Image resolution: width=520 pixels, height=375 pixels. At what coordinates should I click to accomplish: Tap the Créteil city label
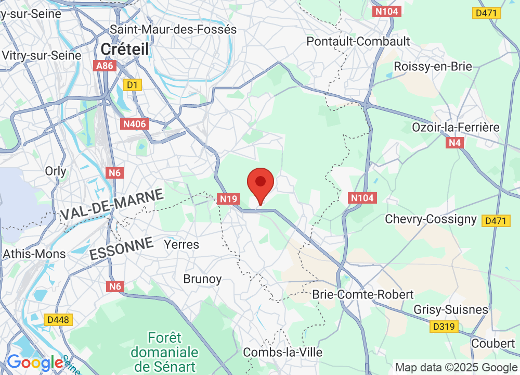click(x=125, y=49)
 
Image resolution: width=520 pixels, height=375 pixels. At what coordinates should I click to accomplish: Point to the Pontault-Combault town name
click(x=358, y=41)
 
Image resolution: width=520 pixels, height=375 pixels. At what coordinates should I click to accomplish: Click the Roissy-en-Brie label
click(x=433, y=66)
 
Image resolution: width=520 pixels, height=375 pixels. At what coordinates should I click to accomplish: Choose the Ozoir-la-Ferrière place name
click(x=456, y=127)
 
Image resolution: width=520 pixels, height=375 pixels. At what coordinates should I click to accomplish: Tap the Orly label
click(x=56, y=171)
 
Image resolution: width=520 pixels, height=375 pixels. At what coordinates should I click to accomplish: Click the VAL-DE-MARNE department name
click(x=112, y=205)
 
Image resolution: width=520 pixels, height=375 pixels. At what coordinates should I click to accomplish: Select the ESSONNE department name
click(x=122, y=248)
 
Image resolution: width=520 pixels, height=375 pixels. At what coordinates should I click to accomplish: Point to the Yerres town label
click(x=181, y=244)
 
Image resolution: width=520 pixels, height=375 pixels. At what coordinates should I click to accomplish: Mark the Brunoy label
click(x=202, y=279)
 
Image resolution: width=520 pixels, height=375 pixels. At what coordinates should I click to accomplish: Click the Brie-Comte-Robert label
click(x=363, y=294)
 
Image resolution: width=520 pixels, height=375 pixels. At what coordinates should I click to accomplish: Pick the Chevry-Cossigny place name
click(x=431, y=219)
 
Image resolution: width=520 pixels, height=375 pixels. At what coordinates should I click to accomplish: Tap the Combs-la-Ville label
click(x=283, y=352)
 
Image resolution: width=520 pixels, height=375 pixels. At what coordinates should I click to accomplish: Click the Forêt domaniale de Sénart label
click(x=164, y=352)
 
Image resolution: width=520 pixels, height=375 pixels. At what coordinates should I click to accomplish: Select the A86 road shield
click(x=105, y=66)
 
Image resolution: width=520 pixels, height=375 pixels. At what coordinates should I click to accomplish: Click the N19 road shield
click(x=228, y=198)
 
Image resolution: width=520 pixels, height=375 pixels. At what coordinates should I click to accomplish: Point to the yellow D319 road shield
click(x=444, y=327)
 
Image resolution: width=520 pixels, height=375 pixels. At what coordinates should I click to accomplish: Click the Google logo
click(x=34, y=362)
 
